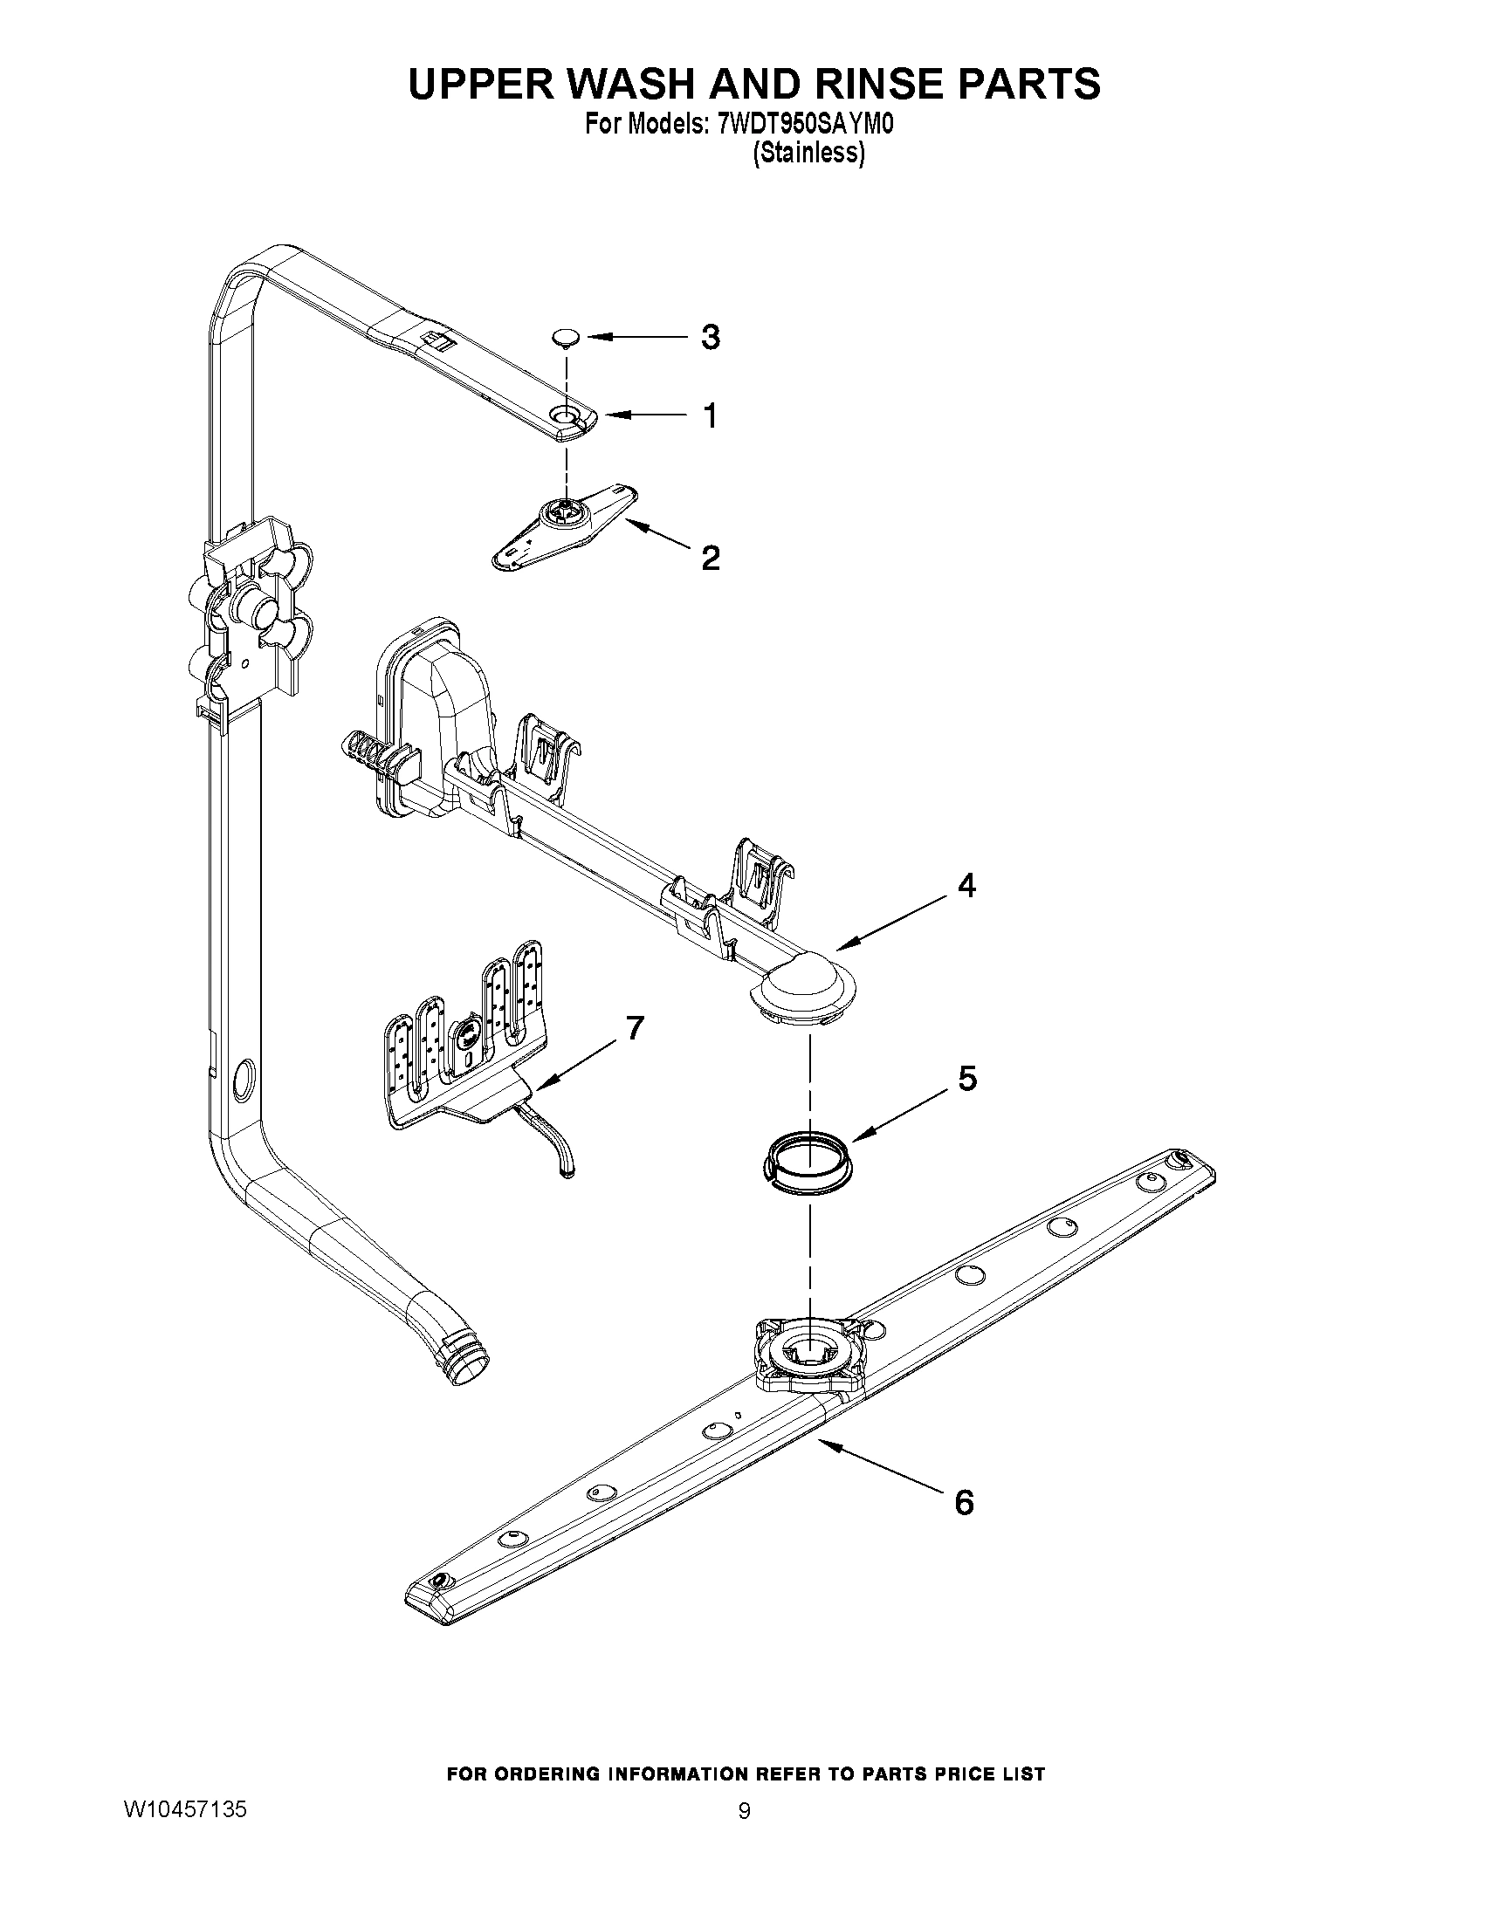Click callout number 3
pos(710,337)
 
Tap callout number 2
pos(710,557)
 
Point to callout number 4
pos(966,886)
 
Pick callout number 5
pos(966,1079)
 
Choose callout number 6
pos(964,1502)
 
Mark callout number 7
pos(635,1026)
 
